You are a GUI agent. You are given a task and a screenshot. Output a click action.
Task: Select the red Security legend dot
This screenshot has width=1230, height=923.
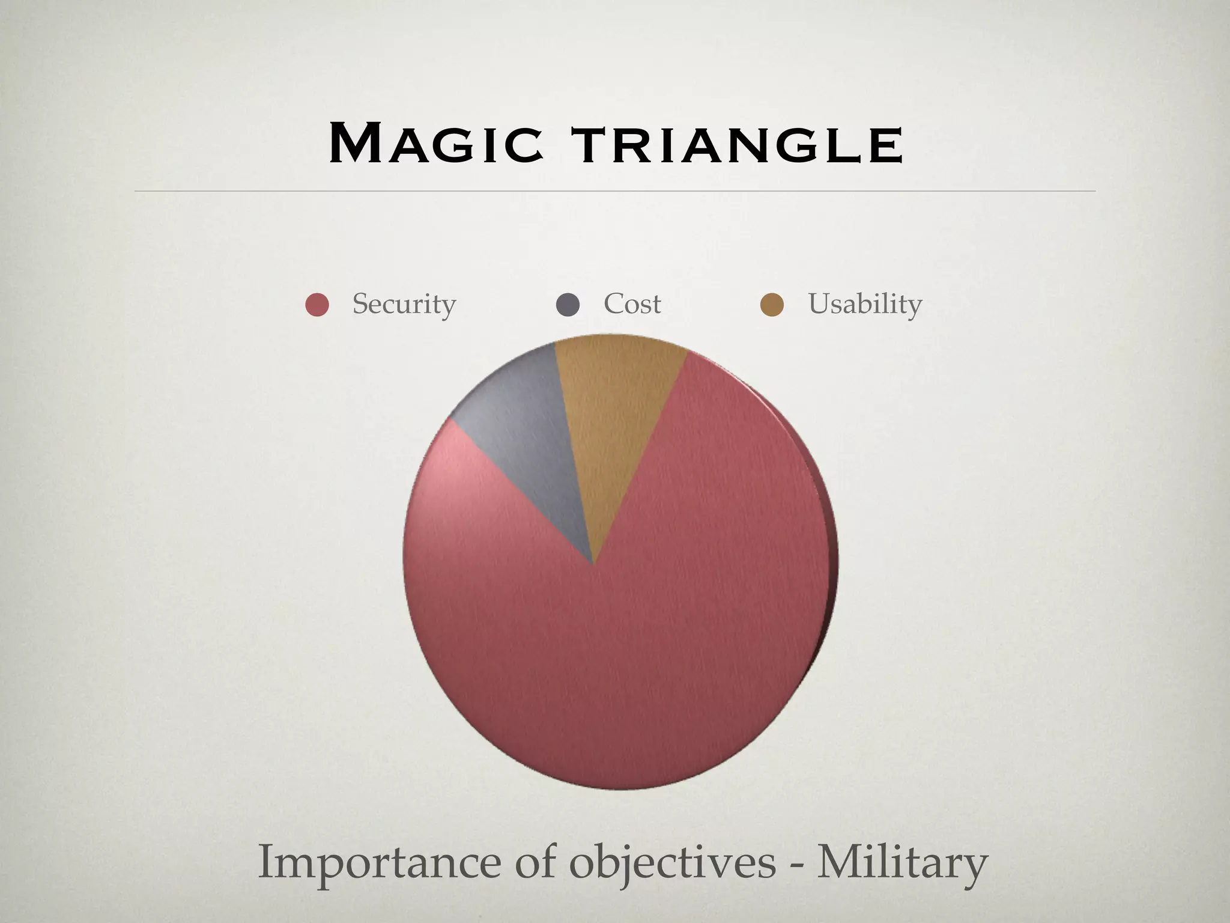pyautogui.click(x=317, y=305)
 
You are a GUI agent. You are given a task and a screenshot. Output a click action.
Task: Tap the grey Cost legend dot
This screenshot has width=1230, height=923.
pyautogui.click(x=568, y=305)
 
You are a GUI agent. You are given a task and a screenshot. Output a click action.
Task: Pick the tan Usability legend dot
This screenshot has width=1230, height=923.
pyautogui.click(x=772, y=305)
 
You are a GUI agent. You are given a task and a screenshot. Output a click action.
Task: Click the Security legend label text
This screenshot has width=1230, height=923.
pyautogui.click(x=404, y=304)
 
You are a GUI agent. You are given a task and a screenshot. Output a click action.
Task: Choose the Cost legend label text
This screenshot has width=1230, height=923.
pyautogui.click(x=632, y=304)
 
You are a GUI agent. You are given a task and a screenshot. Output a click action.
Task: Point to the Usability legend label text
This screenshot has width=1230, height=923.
pyautogui.click(x=865, y=304)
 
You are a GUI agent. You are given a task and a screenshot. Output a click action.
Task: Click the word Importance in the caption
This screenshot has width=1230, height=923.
pyautogui.click(x=378, y=863)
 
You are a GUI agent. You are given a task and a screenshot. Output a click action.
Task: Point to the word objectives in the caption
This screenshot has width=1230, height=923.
pyautogui.click(x=672, y=863)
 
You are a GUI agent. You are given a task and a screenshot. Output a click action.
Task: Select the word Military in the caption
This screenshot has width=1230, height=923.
pyautogui.click(x=901, y=863)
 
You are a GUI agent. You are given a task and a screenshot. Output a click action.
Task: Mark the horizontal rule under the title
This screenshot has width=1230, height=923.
pyautogui.click(x=615, y=191)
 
